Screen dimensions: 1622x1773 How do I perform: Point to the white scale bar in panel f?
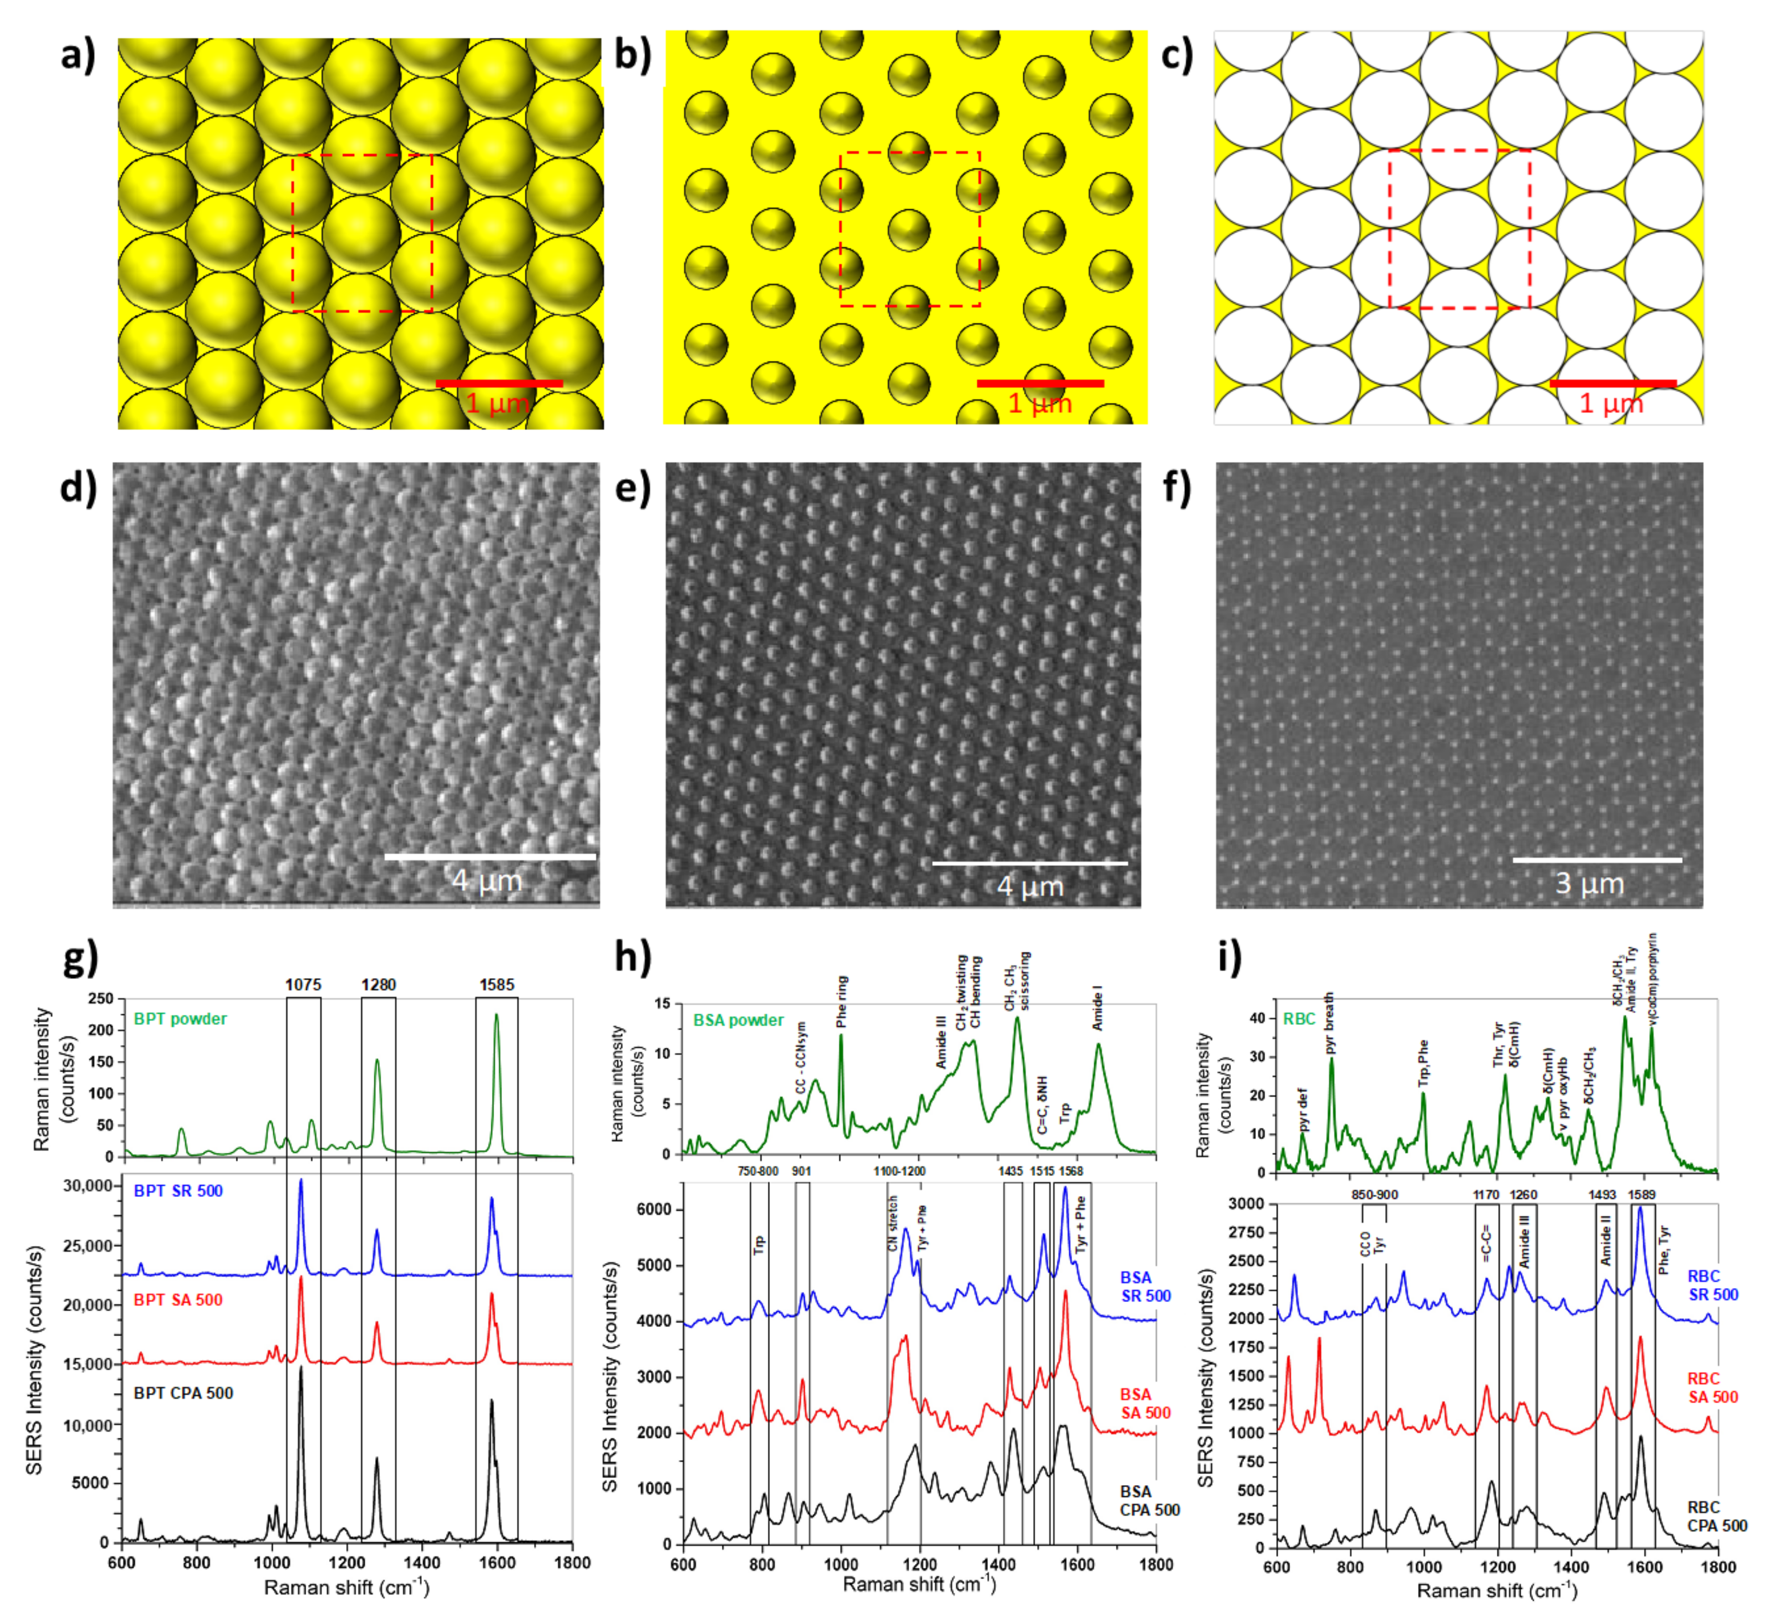coord(1597,860)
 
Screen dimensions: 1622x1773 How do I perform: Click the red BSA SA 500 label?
coord(1145,1404)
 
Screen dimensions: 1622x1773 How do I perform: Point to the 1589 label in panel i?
coord(1641,1195)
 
